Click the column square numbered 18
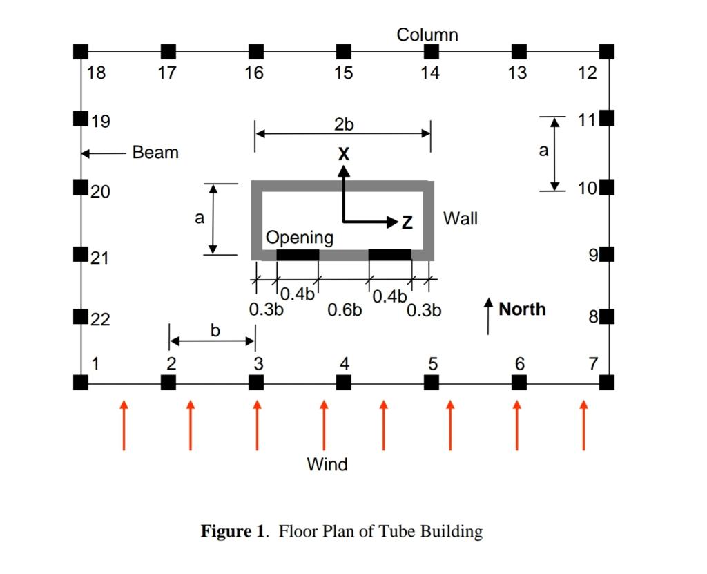pos(81,51)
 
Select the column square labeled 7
pos(607,382)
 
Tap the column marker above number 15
pos(343,51)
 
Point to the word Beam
pos(155,153)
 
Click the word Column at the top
pos(427,35)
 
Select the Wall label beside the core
pos(460,219)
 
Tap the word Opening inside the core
pos(300,238)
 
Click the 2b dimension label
pos(343,124)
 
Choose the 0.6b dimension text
pos(345,310)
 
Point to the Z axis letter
pos(407,222)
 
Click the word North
pos(522,309)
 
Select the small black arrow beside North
pos(488,316)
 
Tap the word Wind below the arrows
pos(327,464)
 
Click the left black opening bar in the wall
pos(298,254)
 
